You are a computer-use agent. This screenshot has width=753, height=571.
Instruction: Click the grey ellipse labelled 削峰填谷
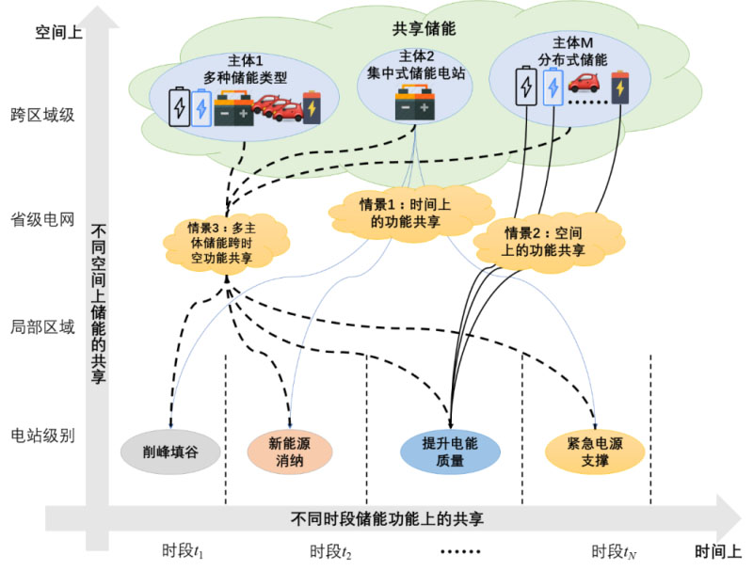170,451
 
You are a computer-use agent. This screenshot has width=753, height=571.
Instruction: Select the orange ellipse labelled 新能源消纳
290,451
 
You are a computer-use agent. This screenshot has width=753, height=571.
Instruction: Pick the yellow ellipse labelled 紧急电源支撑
596,451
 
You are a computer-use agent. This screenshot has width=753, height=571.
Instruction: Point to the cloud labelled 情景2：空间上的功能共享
545,242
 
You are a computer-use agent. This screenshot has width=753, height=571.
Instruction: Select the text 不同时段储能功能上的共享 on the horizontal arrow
388,518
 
